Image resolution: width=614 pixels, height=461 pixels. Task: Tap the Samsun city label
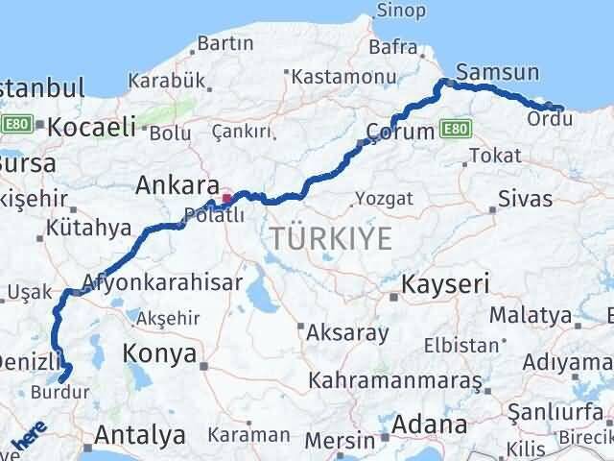click(x=498, y=72)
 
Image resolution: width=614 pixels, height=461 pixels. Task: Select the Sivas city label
click(x=526, y=199)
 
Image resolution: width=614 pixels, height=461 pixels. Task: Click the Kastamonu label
click(x=331, y=75)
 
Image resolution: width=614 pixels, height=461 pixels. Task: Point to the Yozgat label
click(x=384, y=198)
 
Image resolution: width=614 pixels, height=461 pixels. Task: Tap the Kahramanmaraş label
click(x=409, y=381)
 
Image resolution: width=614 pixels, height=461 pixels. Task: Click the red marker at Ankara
click(x=226, y=199)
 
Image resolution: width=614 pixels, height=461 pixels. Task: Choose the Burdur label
click(x=59, y=392)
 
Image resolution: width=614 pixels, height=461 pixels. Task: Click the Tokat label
click(x=496, y=156)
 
